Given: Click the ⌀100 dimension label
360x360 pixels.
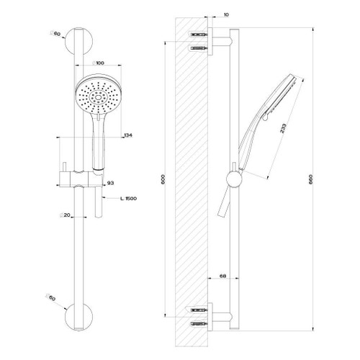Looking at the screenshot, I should tap(99, 63).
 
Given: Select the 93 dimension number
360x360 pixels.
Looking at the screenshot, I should tap(111, 184).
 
